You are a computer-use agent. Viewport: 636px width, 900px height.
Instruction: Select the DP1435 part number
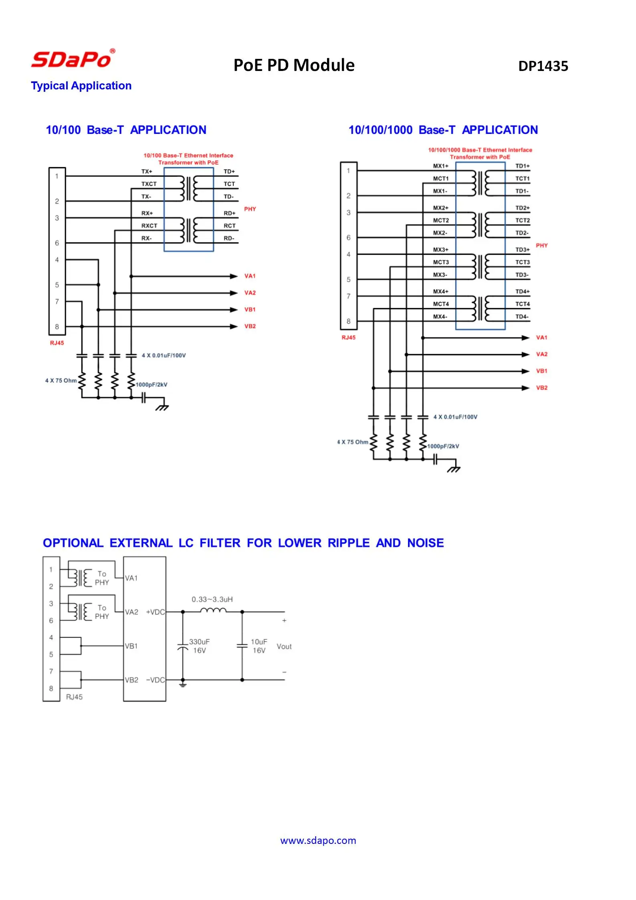tap(543, 66)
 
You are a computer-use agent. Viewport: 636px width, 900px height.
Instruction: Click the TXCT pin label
tap(149, 184)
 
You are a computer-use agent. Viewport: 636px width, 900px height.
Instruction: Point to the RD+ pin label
tap(230, 213)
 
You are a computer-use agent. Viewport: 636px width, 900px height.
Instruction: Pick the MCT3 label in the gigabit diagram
tap(441, 262)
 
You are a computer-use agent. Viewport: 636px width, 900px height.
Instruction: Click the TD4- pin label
tap(522, 317)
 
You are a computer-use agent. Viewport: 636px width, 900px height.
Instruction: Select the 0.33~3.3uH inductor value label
tap(212, 599)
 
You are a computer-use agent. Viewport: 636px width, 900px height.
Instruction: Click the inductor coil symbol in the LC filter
tap(213, 611)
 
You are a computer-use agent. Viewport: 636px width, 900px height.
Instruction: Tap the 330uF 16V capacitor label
tap(199, 646)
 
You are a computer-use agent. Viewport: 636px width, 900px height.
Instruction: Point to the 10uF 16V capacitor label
tap(259, 646)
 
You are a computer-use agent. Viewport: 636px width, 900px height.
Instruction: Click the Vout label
tap(284, 646)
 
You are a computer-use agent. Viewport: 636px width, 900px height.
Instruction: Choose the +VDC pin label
tap(155, 612)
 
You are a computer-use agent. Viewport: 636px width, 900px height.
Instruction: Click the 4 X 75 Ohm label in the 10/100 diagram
tap(61, 380)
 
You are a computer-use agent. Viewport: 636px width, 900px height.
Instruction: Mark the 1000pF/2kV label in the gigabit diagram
tap(443, 446)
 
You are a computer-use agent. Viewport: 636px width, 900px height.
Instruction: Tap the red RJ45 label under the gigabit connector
tap(348, 338)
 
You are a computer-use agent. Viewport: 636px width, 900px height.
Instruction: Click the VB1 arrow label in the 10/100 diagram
tap(250, 309)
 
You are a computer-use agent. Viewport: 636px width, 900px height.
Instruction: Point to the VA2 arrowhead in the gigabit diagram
tap(525, 354)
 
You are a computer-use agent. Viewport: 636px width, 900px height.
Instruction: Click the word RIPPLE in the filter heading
tap(349, 543)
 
